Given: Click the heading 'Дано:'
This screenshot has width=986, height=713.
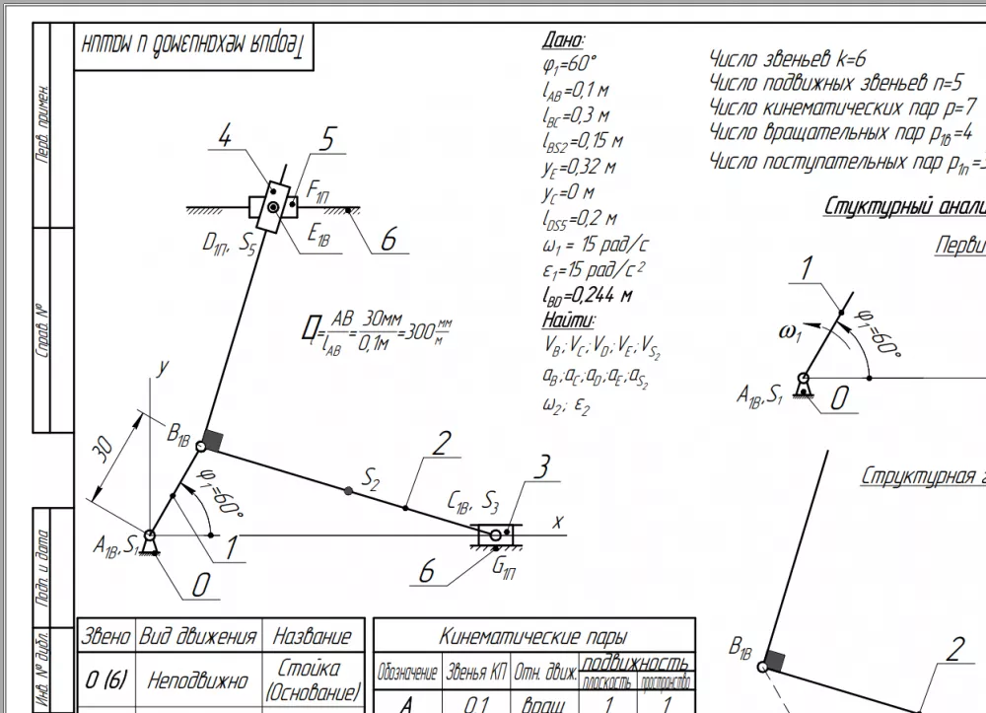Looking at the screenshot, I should point(563,40).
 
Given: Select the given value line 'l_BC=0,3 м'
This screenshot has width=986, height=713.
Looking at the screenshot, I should point(576,116).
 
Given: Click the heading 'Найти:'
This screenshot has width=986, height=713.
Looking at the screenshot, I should point(568,321).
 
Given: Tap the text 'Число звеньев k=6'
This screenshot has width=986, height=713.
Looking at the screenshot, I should point(788,58).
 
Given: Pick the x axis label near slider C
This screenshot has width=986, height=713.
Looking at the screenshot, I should point(557,521).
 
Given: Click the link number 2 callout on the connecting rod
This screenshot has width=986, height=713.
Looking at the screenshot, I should point(441,443).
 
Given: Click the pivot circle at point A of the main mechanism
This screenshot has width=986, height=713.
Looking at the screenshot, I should point(149,535).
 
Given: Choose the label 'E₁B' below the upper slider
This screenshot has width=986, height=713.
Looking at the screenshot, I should point(317,236).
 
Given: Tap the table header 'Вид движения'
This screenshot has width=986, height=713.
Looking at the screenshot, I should point(198,636).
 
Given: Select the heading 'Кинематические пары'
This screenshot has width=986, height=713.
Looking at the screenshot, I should point(533,637).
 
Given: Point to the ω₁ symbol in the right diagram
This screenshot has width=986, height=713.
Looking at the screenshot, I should point(791,331).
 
